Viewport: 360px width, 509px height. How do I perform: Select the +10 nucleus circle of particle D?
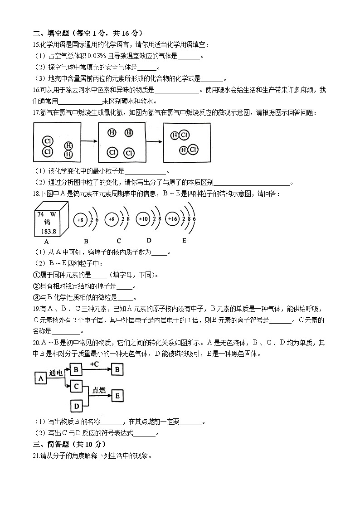143,219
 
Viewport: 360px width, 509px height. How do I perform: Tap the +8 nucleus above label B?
80,220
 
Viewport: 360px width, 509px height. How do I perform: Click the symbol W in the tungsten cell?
53,214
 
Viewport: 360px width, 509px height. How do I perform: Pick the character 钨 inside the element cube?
47,223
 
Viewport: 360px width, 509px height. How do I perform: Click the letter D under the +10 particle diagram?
149,240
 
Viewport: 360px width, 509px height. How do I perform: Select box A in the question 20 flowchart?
41,378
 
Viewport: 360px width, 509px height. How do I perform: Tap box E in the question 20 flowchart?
117,396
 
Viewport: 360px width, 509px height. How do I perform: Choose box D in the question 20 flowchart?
76,406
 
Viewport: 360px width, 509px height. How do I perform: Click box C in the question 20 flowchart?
76,386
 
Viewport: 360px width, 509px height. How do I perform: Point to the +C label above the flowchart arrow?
95,364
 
